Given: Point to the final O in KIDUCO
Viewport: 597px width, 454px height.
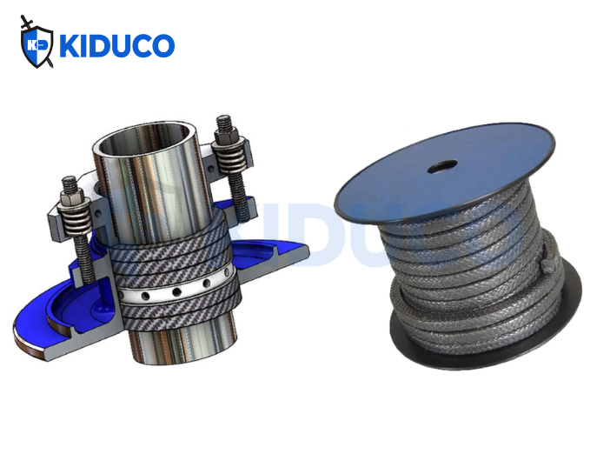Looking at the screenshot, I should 161,46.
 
